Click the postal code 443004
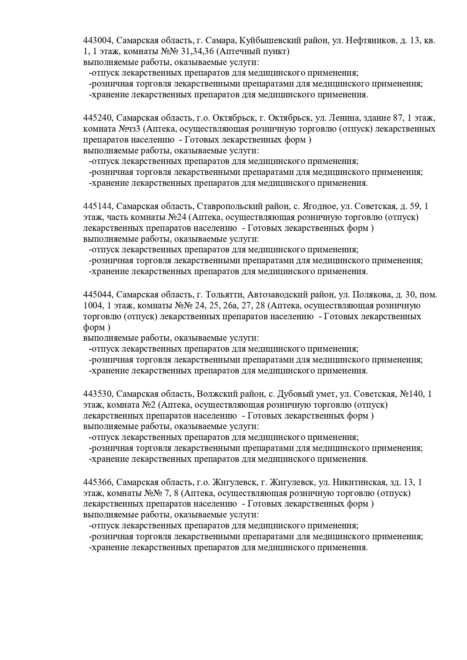coord(98,40)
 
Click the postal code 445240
coord(98,118)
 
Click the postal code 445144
coord(98,206)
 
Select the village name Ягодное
coord(319,206)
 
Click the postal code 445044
coord(98,294)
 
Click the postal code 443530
coord(98,394)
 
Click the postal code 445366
coord(98,482)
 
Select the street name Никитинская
coord(359,482)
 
